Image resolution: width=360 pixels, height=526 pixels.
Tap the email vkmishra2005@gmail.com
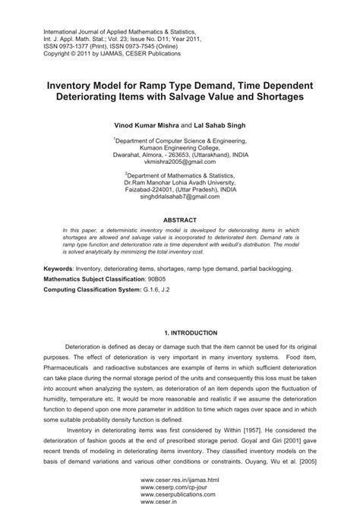180,162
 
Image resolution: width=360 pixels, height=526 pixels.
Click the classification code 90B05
163,279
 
